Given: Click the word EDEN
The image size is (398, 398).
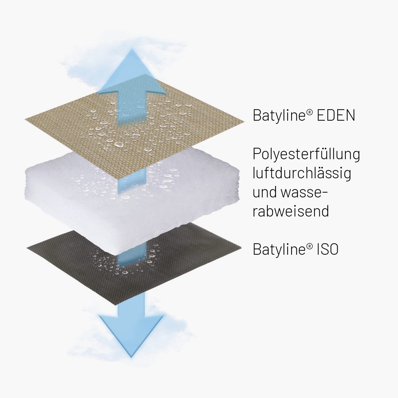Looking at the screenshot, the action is (x=336, y=115).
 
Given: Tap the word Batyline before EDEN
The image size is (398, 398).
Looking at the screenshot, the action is (x=279, y=116).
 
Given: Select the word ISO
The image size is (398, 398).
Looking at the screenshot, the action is (x=328, y=249).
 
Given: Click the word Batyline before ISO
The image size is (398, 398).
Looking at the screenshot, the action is (x=279, y=250).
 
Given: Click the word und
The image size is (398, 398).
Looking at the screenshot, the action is (x=265, y=192).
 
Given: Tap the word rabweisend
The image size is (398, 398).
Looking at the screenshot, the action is (x=291, y=211).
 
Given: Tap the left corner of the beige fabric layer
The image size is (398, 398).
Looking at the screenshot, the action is (x=25, y=119).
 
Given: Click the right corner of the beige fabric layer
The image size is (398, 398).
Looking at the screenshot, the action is (x=244, y=122).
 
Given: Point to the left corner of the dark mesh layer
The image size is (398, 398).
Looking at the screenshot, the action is (x=27, y=248).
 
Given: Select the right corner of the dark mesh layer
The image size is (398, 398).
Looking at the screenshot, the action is (x=241, y=247).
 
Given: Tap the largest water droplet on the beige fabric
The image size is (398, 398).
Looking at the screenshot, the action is (x=119, y=144).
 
